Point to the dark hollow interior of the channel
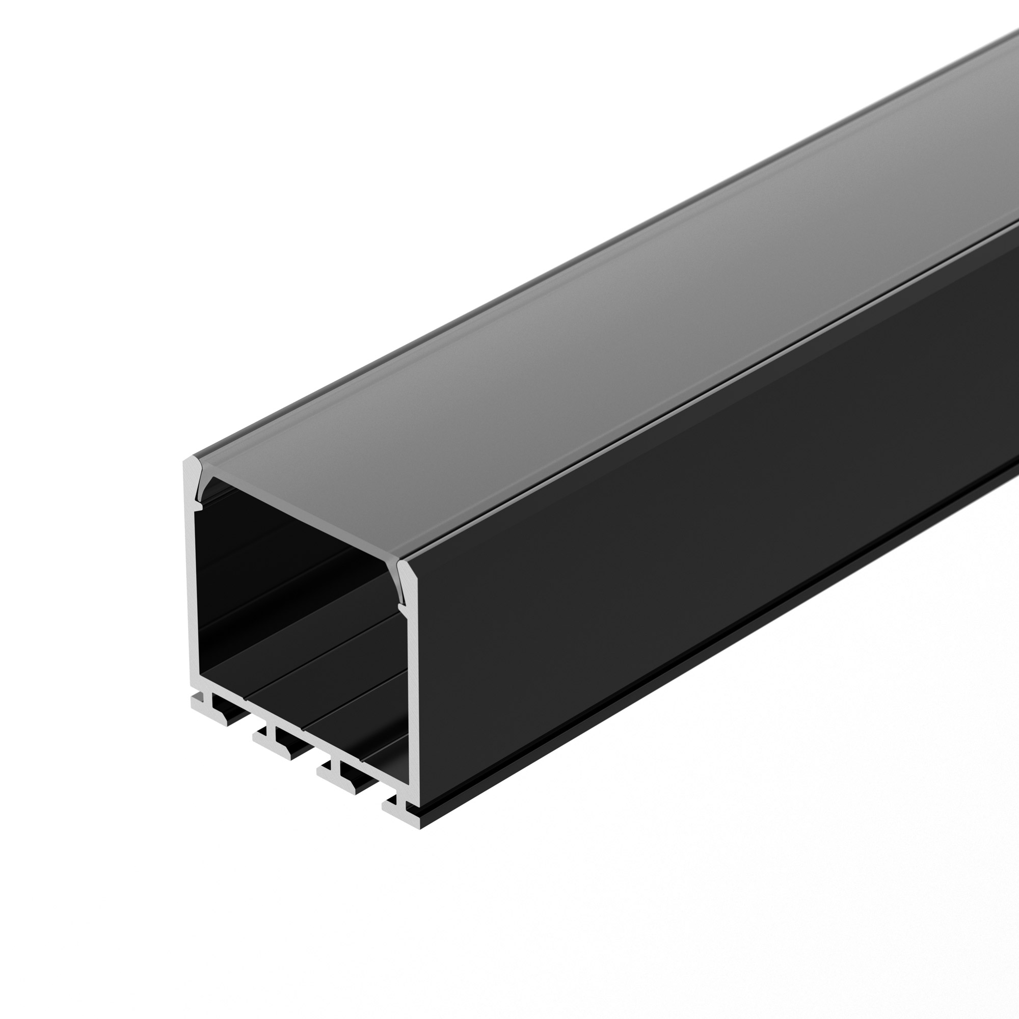pos(296,606)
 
